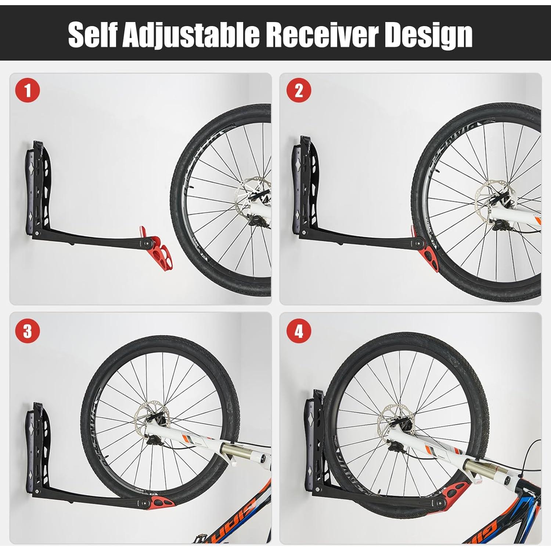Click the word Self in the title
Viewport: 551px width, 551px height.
93,35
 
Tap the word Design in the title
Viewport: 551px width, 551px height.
428,35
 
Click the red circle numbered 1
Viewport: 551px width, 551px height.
28,90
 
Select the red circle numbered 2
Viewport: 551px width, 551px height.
299,90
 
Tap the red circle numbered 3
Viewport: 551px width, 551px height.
28,331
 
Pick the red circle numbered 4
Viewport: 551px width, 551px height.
299,331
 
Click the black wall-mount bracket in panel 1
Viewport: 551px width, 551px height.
40,191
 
